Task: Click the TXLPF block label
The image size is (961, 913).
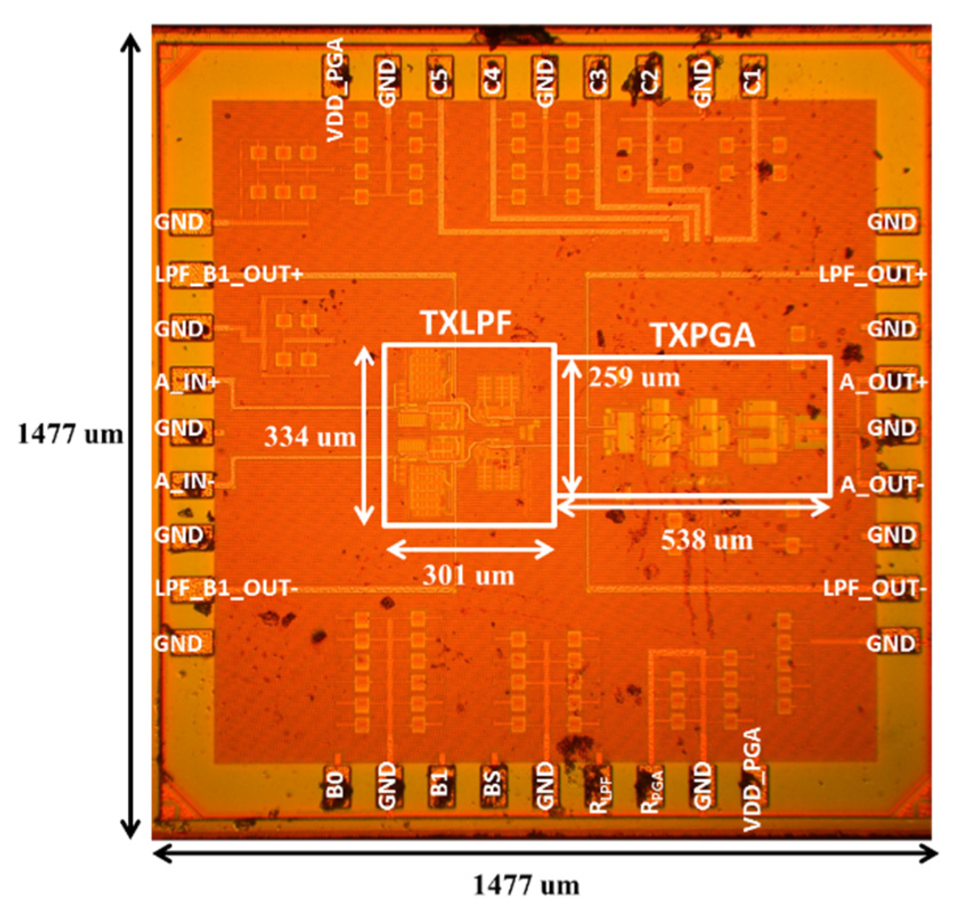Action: pos(466,324)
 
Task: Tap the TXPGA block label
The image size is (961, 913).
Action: pos(702,335)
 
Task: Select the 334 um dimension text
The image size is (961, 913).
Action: pos(310,437)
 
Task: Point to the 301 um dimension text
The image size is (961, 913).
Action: pos(468,576)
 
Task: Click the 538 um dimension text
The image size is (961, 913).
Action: pos(706,540)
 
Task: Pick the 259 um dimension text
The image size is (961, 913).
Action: pos(634,378)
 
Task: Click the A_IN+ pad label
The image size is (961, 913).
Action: pos(187,382)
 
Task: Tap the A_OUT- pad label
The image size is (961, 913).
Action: pos(881,485)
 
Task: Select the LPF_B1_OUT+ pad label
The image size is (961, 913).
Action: pos(228,275)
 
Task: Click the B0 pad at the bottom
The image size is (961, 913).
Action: pos(336,785)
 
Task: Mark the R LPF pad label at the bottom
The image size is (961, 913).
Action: pos(599,789)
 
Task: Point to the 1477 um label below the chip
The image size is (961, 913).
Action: pos(526,886)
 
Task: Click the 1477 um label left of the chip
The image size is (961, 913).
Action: pos(70,435)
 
